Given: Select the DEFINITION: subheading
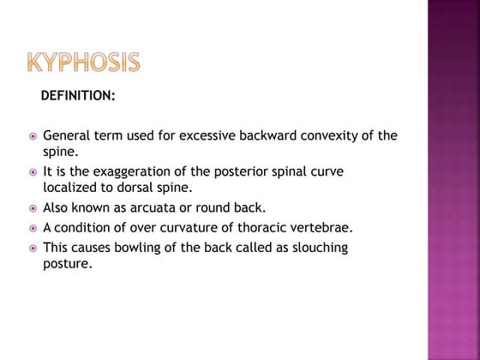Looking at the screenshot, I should tap(78, 95).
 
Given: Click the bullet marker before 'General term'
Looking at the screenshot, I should tap(32, 136).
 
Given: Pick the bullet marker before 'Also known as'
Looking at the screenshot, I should tap(32, 208).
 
